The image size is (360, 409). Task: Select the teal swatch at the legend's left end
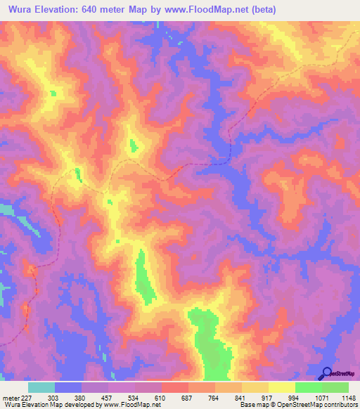[x=41, y=387]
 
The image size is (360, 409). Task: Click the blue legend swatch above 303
[x=68, y=387]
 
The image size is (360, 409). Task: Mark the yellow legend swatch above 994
[x=282, y=387]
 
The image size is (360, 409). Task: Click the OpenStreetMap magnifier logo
[x=326, y=373]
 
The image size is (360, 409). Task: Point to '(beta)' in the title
[x=262, y=10]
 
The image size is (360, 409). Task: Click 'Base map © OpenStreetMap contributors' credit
[x=298, y=405]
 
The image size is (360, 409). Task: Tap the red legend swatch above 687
[x=175, y=387]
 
